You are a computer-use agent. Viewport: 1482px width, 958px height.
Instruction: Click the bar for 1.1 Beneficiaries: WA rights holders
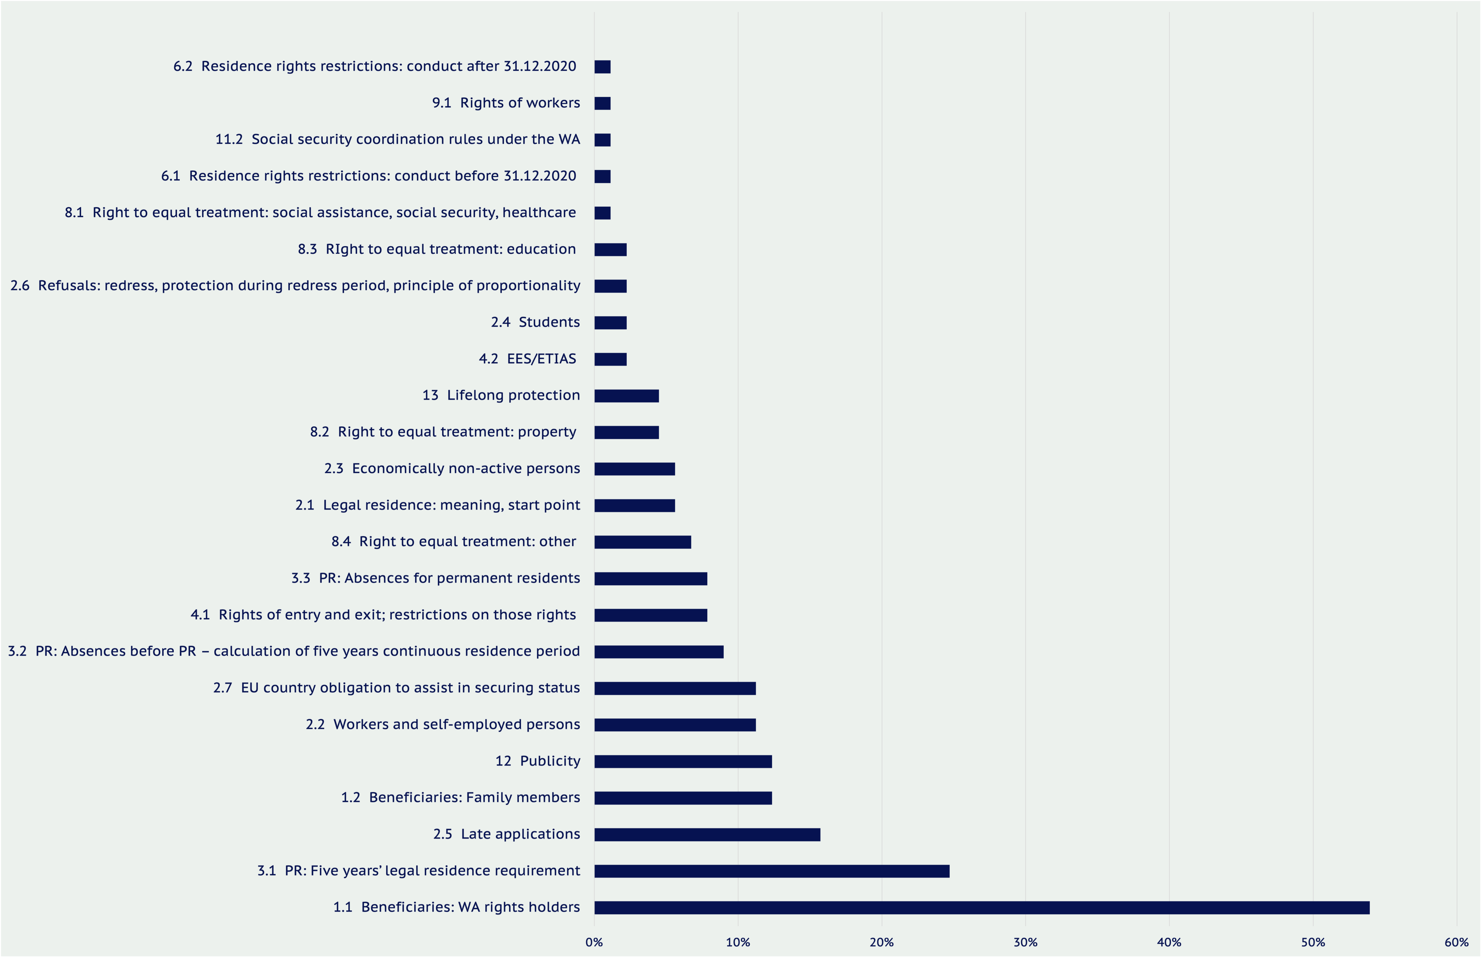tap(981, 908)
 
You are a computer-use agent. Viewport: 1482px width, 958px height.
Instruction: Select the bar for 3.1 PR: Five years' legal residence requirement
tap(772, 871)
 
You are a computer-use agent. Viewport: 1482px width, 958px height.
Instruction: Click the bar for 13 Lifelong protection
tap(626, 396)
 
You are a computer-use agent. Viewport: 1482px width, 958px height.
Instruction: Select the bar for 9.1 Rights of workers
tap(602, 103)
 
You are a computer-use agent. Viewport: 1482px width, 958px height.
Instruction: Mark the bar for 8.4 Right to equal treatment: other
tap(643, 542)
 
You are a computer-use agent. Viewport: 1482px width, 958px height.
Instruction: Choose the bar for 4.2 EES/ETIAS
tap(610, 359)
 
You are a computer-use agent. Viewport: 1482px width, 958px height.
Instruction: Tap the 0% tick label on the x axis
tap(594, 942)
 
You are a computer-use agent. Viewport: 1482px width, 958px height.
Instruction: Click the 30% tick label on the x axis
tap(1025, 942)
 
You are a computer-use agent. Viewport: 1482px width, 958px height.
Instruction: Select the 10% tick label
tap(738, 942)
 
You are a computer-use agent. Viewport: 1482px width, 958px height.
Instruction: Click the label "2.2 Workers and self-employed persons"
tap(443, 725)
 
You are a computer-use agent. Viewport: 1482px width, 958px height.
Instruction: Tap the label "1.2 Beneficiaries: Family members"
tap(460, 798)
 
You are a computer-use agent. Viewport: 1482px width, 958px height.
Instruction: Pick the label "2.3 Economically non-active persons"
tap(452, 468)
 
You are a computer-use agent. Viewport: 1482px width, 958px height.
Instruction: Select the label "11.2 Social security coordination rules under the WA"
tap(397, 139)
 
